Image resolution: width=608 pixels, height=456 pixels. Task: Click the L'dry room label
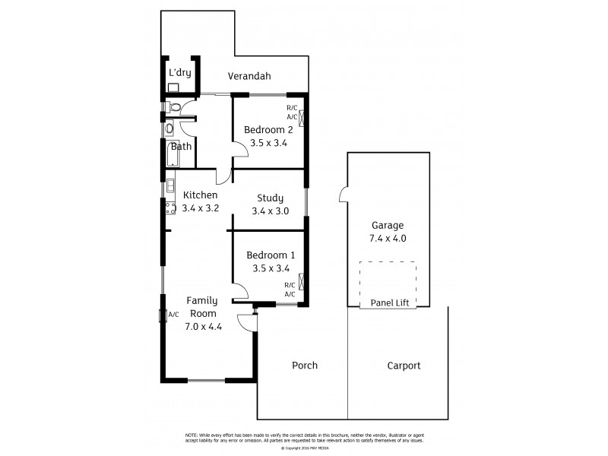pos(179,73)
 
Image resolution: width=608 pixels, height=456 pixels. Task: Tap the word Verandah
pos(251,77)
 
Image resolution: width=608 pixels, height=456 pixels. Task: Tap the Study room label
pos(270,198)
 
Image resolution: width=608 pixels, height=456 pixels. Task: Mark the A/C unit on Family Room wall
pos(162,315)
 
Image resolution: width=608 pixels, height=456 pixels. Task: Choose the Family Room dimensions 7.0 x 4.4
pos(202,327)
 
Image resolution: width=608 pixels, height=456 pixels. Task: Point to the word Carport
pos(403,366)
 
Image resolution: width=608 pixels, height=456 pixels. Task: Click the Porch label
pos(305,366)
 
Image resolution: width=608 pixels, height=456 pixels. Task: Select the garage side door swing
pos(344,195)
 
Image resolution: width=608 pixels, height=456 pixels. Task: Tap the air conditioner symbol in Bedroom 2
pos(302,119)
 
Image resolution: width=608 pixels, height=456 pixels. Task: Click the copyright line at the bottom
pos(303,448)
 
